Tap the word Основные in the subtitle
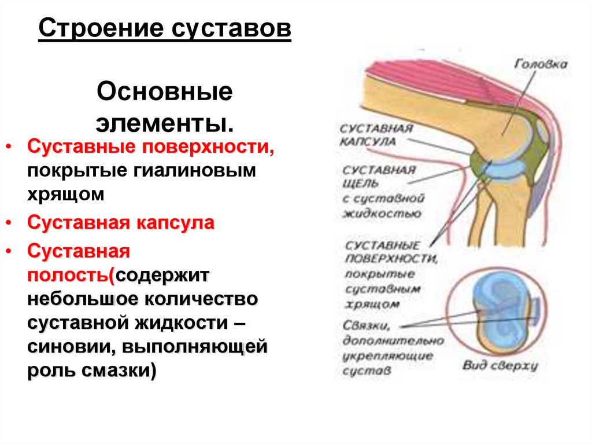164,93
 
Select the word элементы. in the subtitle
164,123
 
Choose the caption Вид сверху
500,365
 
